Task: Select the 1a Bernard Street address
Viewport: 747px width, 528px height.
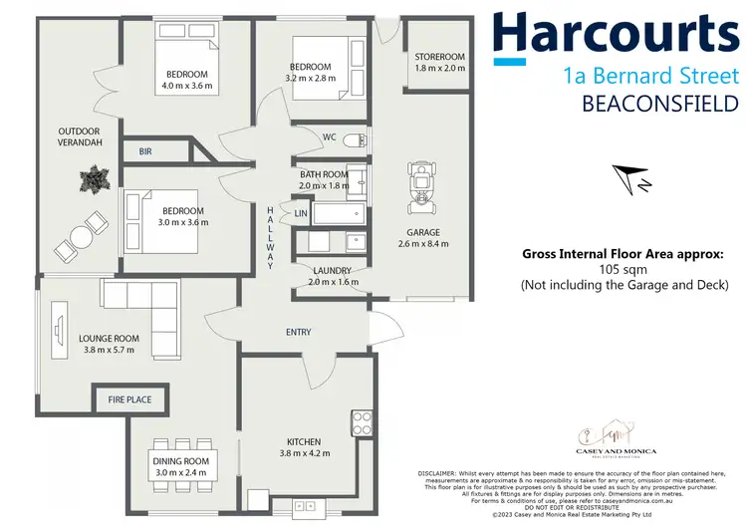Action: click(x=650, y=75)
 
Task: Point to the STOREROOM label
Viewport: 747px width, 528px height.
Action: click(x=439, y=57)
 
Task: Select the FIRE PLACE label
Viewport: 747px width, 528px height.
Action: click(x=130, y=399)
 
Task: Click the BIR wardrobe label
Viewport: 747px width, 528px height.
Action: click(x=144, y=150)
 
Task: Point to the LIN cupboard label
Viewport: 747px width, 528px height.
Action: click(x=300, y=213)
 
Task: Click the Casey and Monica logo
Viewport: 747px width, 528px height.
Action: click(x=601, y=437)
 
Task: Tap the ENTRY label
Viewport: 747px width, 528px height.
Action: click(x=298, y=332)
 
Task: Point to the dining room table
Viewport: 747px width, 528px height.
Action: click(x=181, y=461)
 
